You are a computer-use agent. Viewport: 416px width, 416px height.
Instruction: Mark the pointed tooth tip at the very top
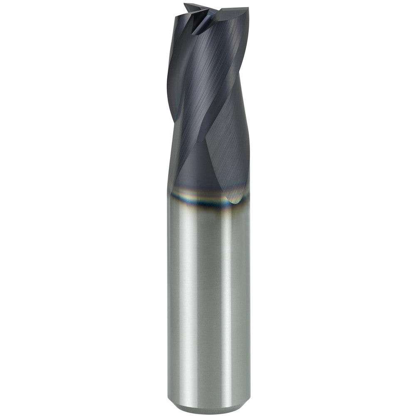186,5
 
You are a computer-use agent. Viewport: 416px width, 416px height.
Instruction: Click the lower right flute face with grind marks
227,158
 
